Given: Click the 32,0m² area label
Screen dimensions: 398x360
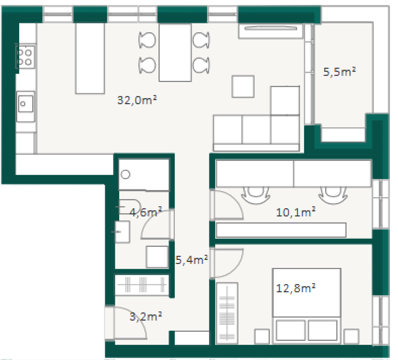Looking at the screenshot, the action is point(137,100).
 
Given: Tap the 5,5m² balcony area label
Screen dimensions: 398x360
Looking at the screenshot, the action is point(339,72).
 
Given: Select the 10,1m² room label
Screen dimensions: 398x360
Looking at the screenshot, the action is point(296,212).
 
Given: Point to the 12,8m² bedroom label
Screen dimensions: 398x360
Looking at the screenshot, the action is point(296,288).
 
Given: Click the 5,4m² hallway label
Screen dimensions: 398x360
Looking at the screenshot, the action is point(192,259).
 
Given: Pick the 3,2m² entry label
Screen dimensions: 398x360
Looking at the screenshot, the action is point(146,317).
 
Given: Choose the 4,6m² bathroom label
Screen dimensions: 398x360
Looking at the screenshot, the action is point(146,212).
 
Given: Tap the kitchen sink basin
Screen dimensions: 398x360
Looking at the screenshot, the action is point(26,104).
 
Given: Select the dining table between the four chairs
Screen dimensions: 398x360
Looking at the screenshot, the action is point(175,52).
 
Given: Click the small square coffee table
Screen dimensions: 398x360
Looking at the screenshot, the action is point(243,86).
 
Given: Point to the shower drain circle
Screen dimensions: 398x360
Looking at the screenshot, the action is point(125,174).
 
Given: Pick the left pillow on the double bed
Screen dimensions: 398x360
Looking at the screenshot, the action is point(291,330).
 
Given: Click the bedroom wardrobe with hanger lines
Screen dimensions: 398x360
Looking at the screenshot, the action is point(227,313).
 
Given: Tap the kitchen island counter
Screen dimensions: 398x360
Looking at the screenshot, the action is point(90,58).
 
